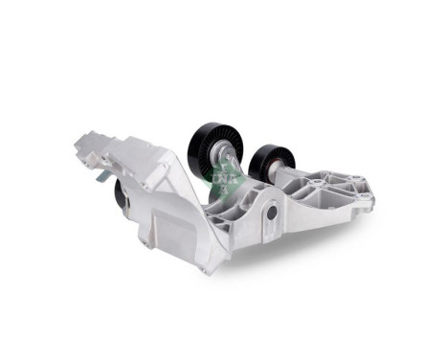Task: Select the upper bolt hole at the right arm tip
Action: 365,190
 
